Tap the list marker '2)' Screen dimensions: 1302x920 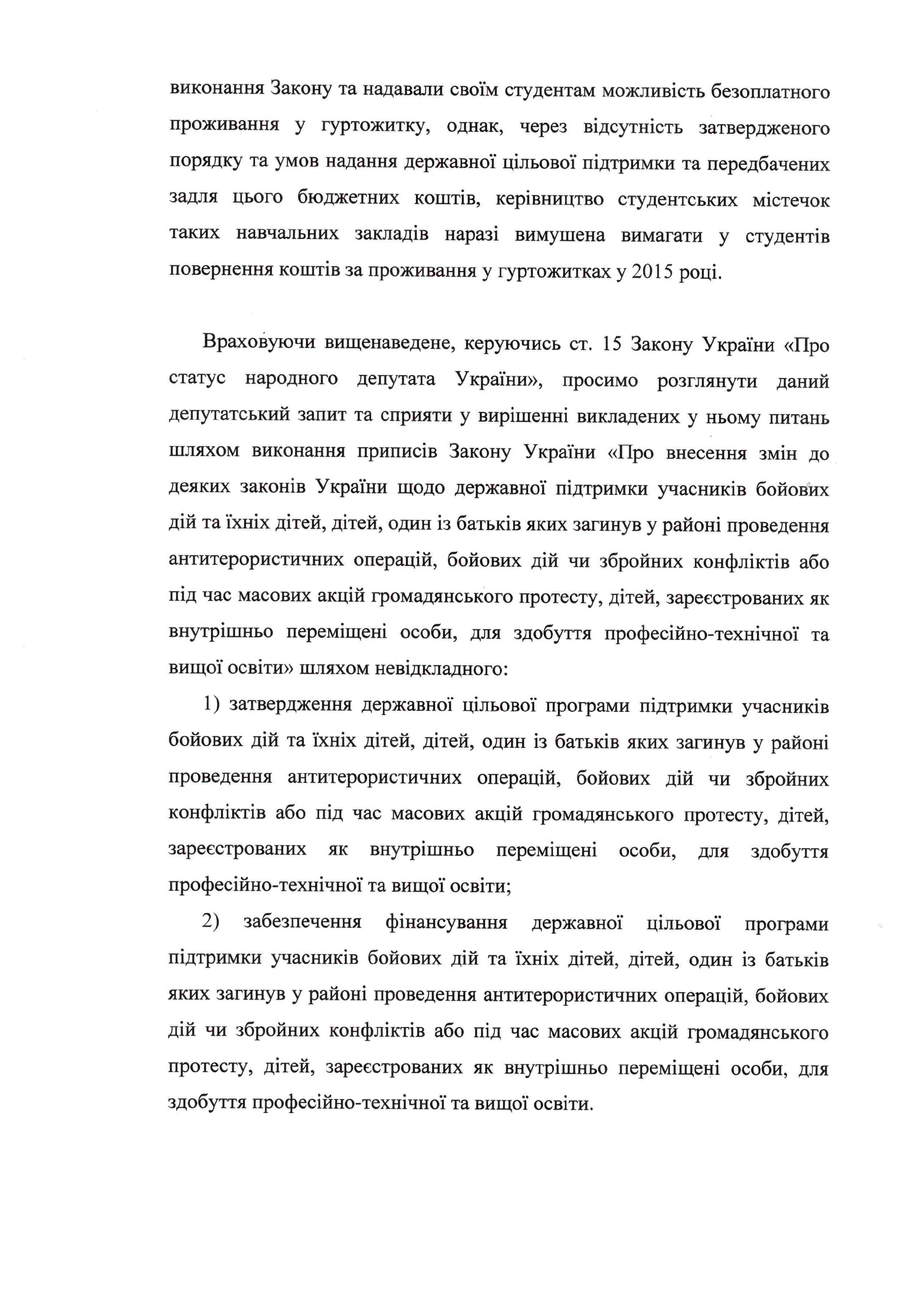[211, 922]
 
